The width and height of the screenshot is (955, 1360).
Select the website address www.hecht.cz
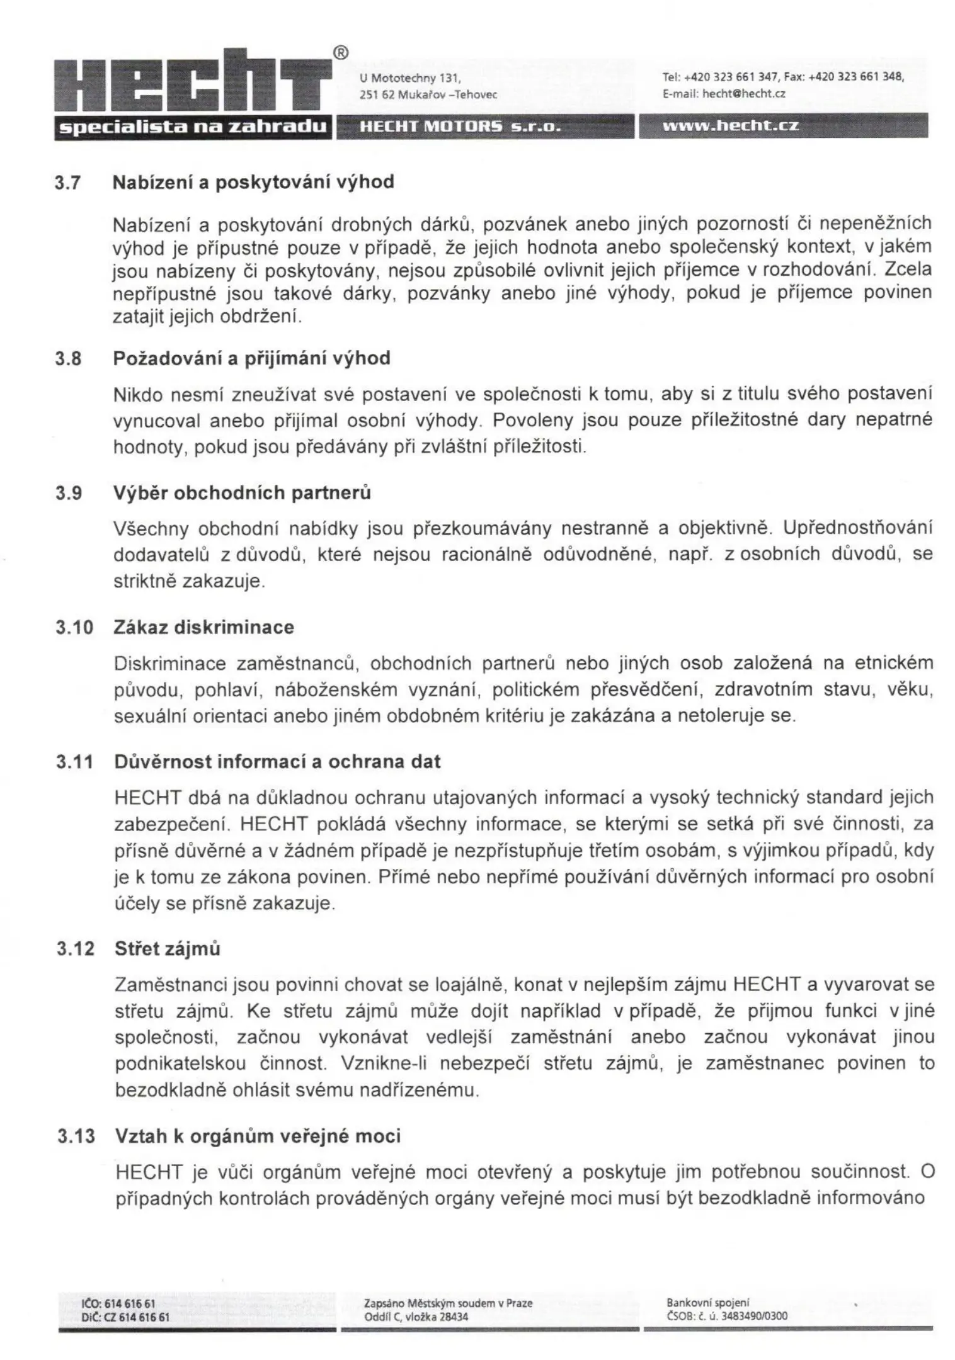pyautogui.click(x=730, y=125)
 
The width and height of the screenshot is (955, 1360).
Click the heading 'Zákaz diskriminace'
pyautogui.click(x=203, y=627)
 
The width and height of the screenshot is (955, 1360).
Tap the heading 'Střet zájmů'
pyautogui.click(x=167, y=948)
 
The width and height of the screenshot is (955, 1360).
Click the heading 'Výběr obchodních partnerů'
pyautogui.click(x=241, y=492)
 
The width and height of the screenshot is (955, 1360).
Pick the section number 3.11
pyautogui.click(x=74, y=762)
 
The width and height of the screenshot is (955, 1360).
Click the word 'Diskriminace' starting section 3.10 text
pyautogui.click(x=170, y=663)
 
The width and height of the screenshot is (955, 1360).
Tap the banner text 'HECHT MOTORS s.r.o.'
pyautogui.click(x=459, y=125)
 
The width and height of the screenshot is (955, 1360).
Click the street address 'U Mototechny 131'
pyautogui.click(x=410, y=79)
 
